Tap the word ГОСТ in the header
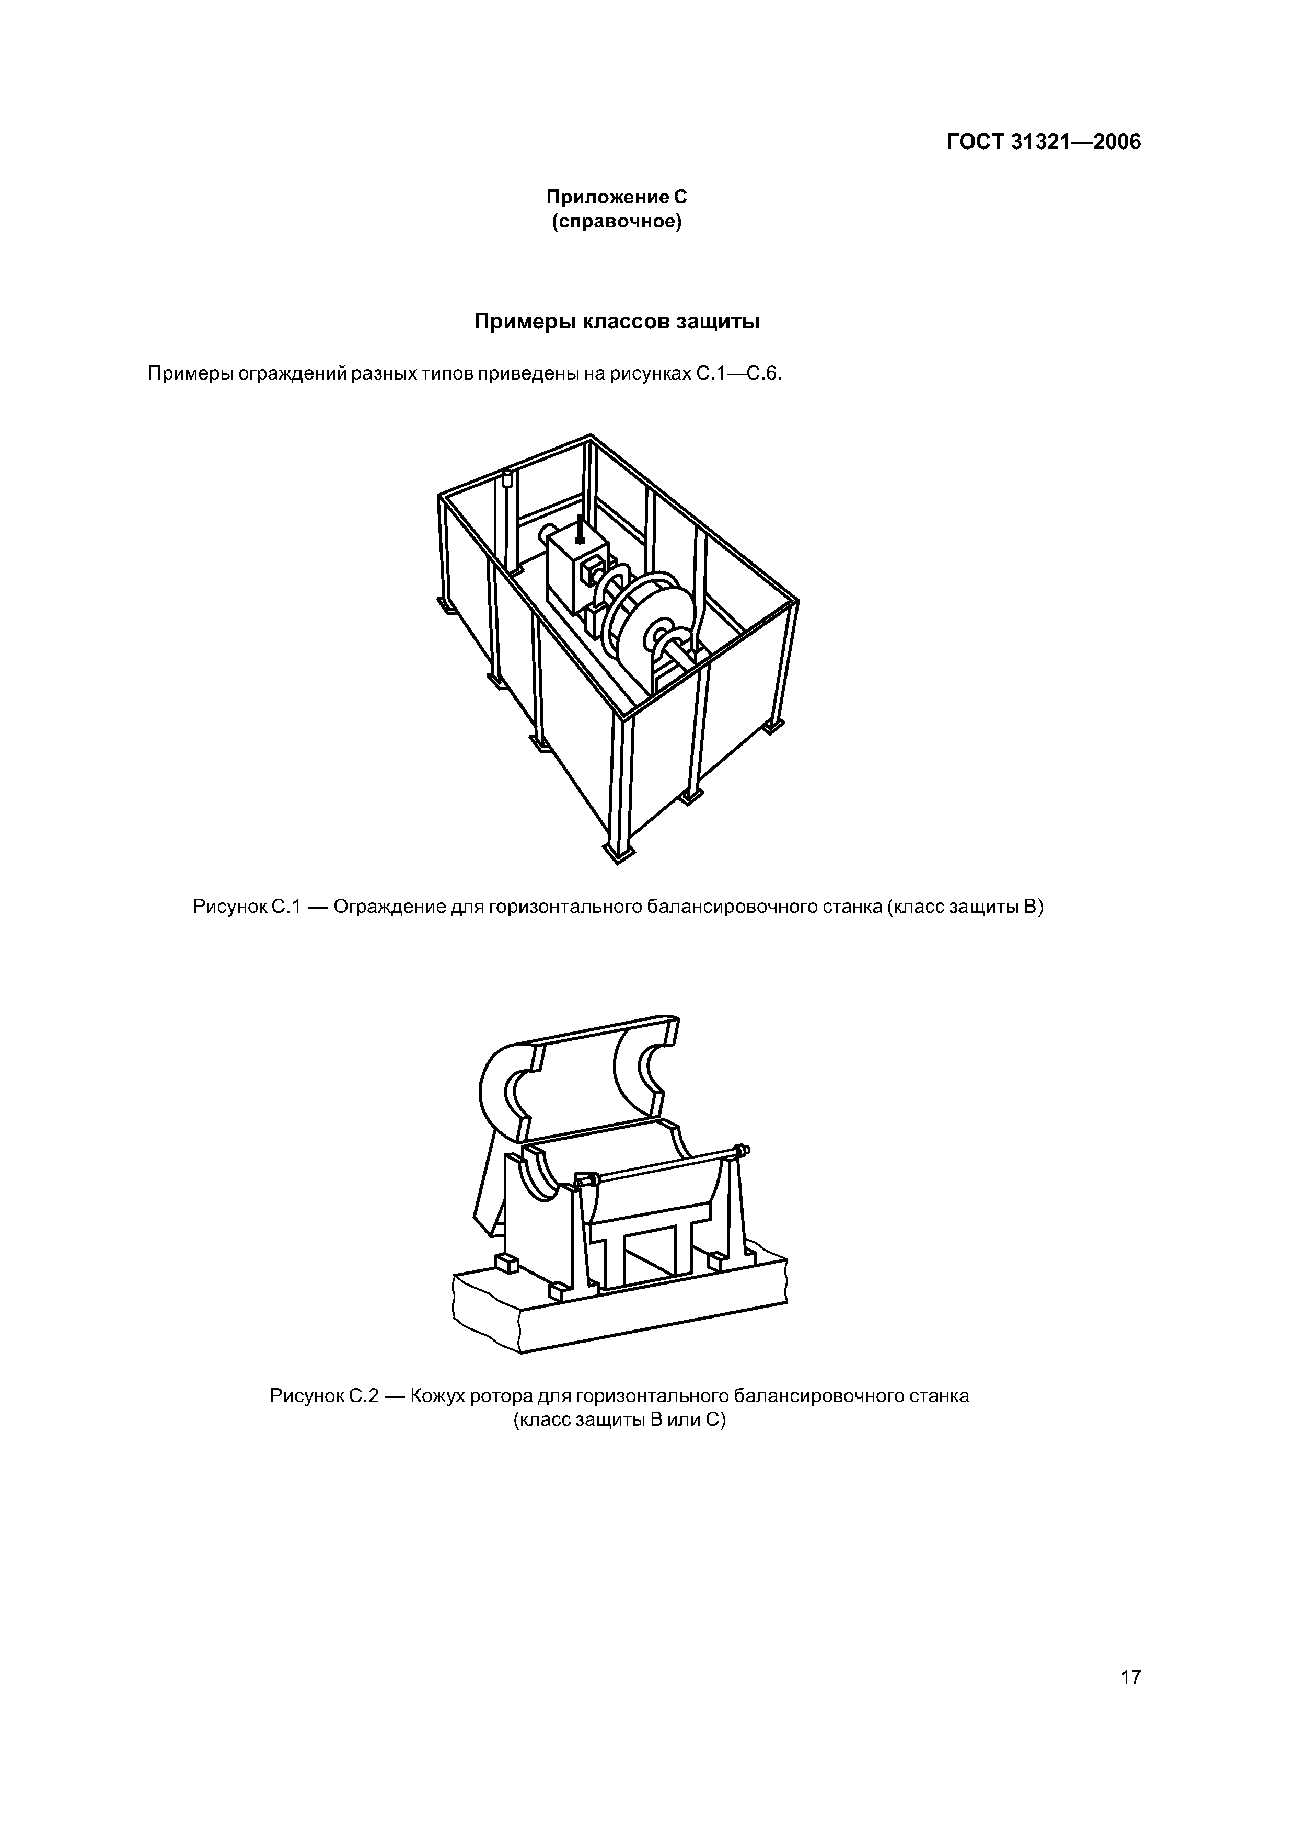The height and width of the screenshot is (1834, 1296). [975, 143]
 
